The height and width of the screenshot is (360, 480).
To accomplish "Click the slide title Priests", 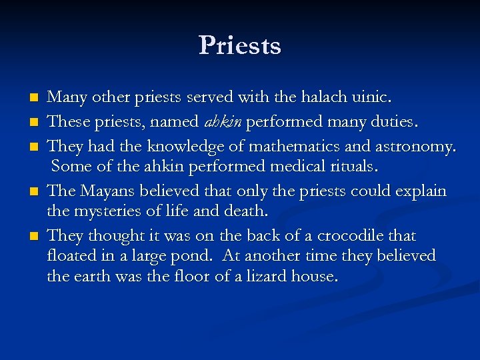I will [239, 45].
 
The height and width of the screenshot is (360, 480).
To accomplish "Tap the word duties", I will [392, 121].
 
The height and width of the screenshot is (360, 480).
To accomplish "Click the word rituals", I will [351, 167].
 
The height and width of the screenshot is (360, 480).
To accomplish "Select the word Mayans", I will [107, 191].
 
